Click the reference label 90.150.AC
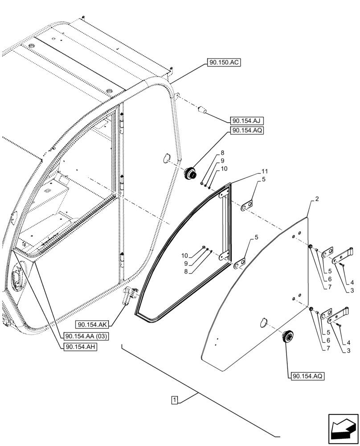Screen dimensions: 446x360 pyautogui.click(x=223, y=63)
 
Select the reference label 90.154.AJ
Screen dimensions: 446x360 pyautogui.click(x=247, y=120)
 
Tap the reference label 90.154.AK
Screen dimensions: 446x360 pyautogui.click(x=92, y=325)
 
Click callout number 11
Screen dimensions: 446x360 pyautogui.click(x=264, y=172)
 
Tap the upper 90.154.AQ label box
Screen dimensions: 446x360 pyautogui.click(x=247, y=130)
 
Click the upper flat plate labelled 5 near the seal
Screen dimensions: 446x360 pyautogui.click(x=247, y=206)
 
